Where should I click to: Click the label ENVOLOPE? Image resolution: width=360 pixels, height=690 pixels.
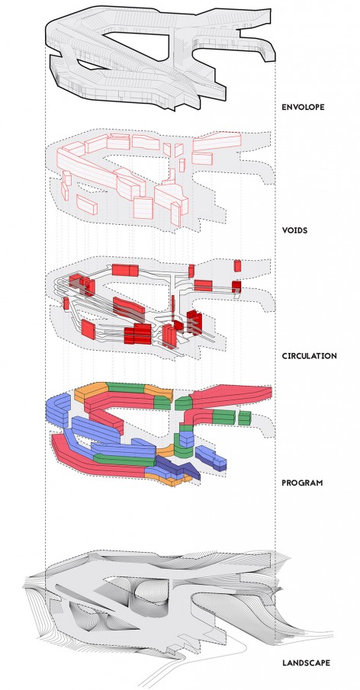tap(303, 107)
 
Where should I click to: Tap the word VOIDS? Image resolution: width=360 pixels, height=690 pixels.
tap(294, 230)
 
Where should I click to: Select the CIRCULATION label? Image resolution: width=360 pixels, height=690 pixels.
tap(309, 355)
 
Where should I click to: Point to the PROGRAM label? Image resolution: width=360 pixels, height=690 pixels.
tap(302, 483)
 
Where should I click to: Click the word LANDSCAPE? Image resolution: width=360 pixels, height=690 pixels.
tap(306, 663)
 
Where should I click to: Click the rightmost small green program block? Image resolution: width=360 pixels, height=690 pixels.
tap(244, 418)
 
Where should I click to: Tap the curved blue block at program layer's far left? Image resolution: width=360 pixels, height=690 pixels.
tap(58, 410)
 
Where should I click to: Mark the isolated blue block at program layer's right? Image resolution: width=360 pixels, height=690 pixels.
tap(211, 457)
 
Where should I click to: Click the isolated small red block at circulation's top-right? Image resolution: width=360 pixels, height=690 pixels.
tap(238, 266)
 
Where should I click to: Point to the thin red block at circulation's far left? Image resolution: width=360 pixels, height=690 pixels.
tap(66, 303)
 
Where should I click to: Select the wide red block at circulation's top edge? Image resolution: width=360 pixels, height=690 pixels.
tap(125, 270)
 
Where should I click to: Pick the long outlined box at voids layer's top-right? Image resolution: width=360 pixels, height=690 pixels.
tap(217, 142)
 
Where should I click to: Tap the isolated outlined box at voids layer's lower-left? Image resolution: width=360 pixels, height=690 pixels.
tap(87, 204)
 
